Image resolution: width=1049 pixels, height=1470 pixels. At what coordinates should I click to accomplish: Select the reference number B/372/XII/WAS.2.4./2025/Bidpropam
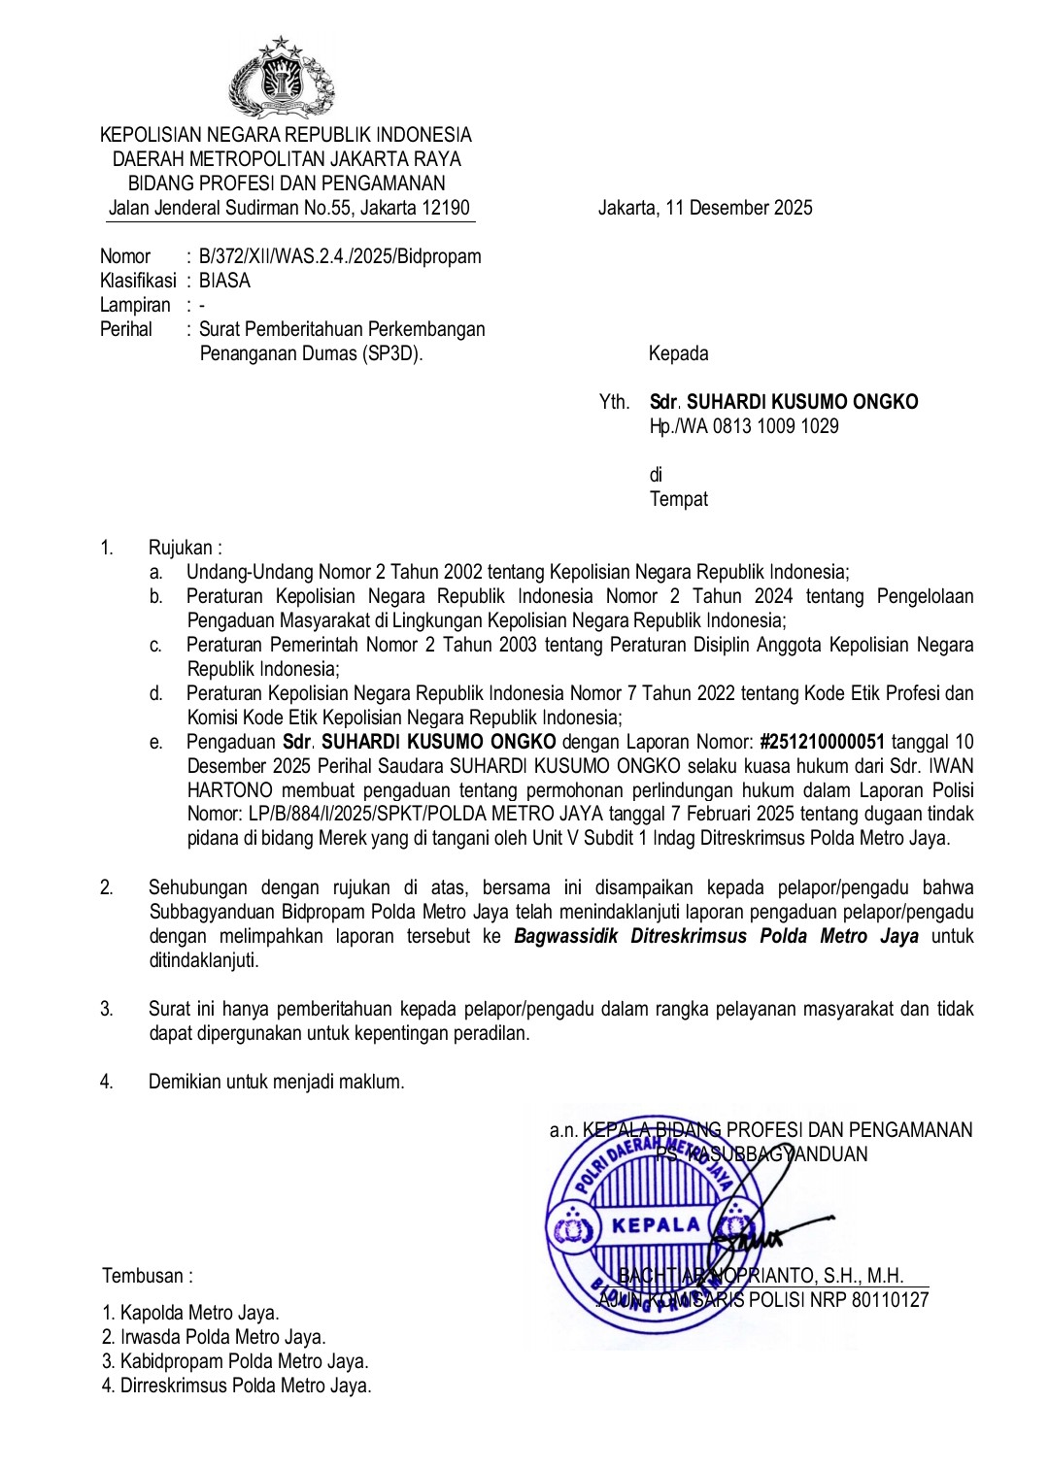[x=340, y=256]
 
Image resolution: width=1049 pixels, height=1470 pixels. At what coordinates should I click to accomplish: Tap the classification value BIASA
[x=224, y=281]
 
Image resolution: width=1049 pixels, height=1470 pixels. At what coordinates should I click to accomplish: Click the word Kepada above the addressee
[x=678, y=353]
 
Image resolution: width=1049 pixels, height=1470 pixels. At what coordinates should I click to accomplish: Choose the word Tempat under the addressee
[x=678, y=499]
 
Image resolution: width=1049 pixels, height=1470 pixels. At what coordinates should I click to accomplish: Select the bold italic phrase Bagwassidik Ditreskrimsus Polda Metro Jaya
[x=716, y=936]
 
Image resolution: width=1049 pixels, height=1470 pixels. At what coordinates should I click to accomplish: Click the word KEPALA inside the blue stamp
[x=657, y=1224]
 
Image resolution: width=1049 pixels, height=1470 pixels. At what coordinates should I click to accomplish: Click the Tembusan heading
[x=148, y=1276]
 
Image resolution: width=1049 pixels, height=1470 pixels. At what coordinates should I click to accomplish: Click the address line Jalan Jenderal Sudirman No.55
[x=288, y=208]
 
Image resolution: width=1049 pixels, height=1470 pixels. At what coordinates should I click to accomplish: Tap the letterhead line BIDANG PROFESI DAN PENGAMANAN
[x=287, y=184]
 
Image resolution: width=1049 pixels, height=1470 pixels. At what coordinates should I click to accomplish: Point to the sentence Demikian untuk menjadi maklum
[x=276, y=1082]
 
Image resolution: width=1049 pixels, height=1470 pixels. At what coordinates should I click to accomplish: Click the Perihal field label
[x=126, y=329]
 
